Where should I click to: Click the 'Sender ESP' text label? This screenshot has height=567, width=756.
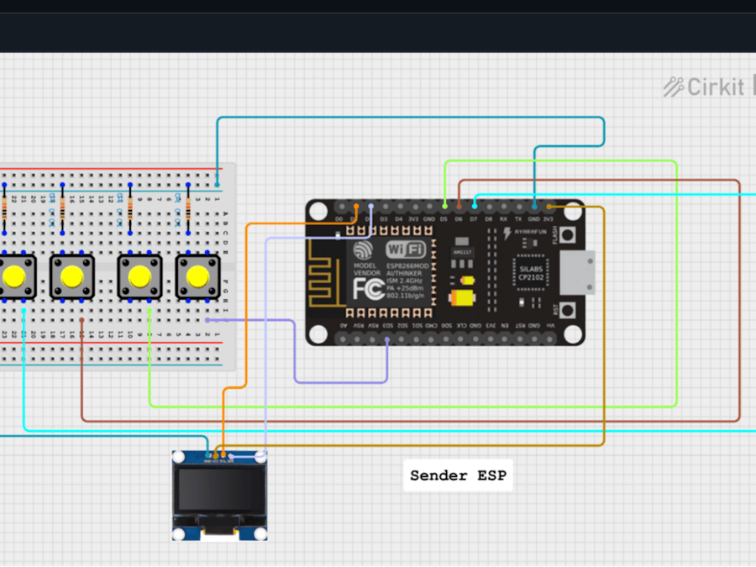(x=458, y=475)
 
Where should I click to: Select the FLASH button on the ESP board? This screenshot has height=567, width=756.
(x=569, y=235)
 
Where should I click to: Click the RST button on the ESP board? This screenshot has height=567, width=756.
(x=569, y=310)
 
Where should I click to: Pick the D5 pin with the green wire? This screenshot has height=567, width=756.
(x=444, y=206)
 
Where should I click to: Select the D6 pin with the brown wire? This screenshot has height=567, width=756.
(x=459, y=206)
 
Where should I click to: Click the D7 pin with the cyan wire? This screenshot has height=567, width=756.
(x=474, y=206)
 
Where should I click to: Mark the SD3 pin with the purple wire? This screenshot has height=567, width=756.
(x=386, y=339)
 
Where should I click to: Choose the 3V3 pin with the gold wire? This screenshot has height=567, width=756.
(x=549, y=206)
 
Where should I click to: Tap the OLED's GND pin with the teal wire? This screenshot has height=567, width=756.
(x=208, y=456)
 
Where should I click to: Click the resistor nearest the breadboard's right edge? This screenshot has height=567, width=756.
(x=188, y=205)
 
